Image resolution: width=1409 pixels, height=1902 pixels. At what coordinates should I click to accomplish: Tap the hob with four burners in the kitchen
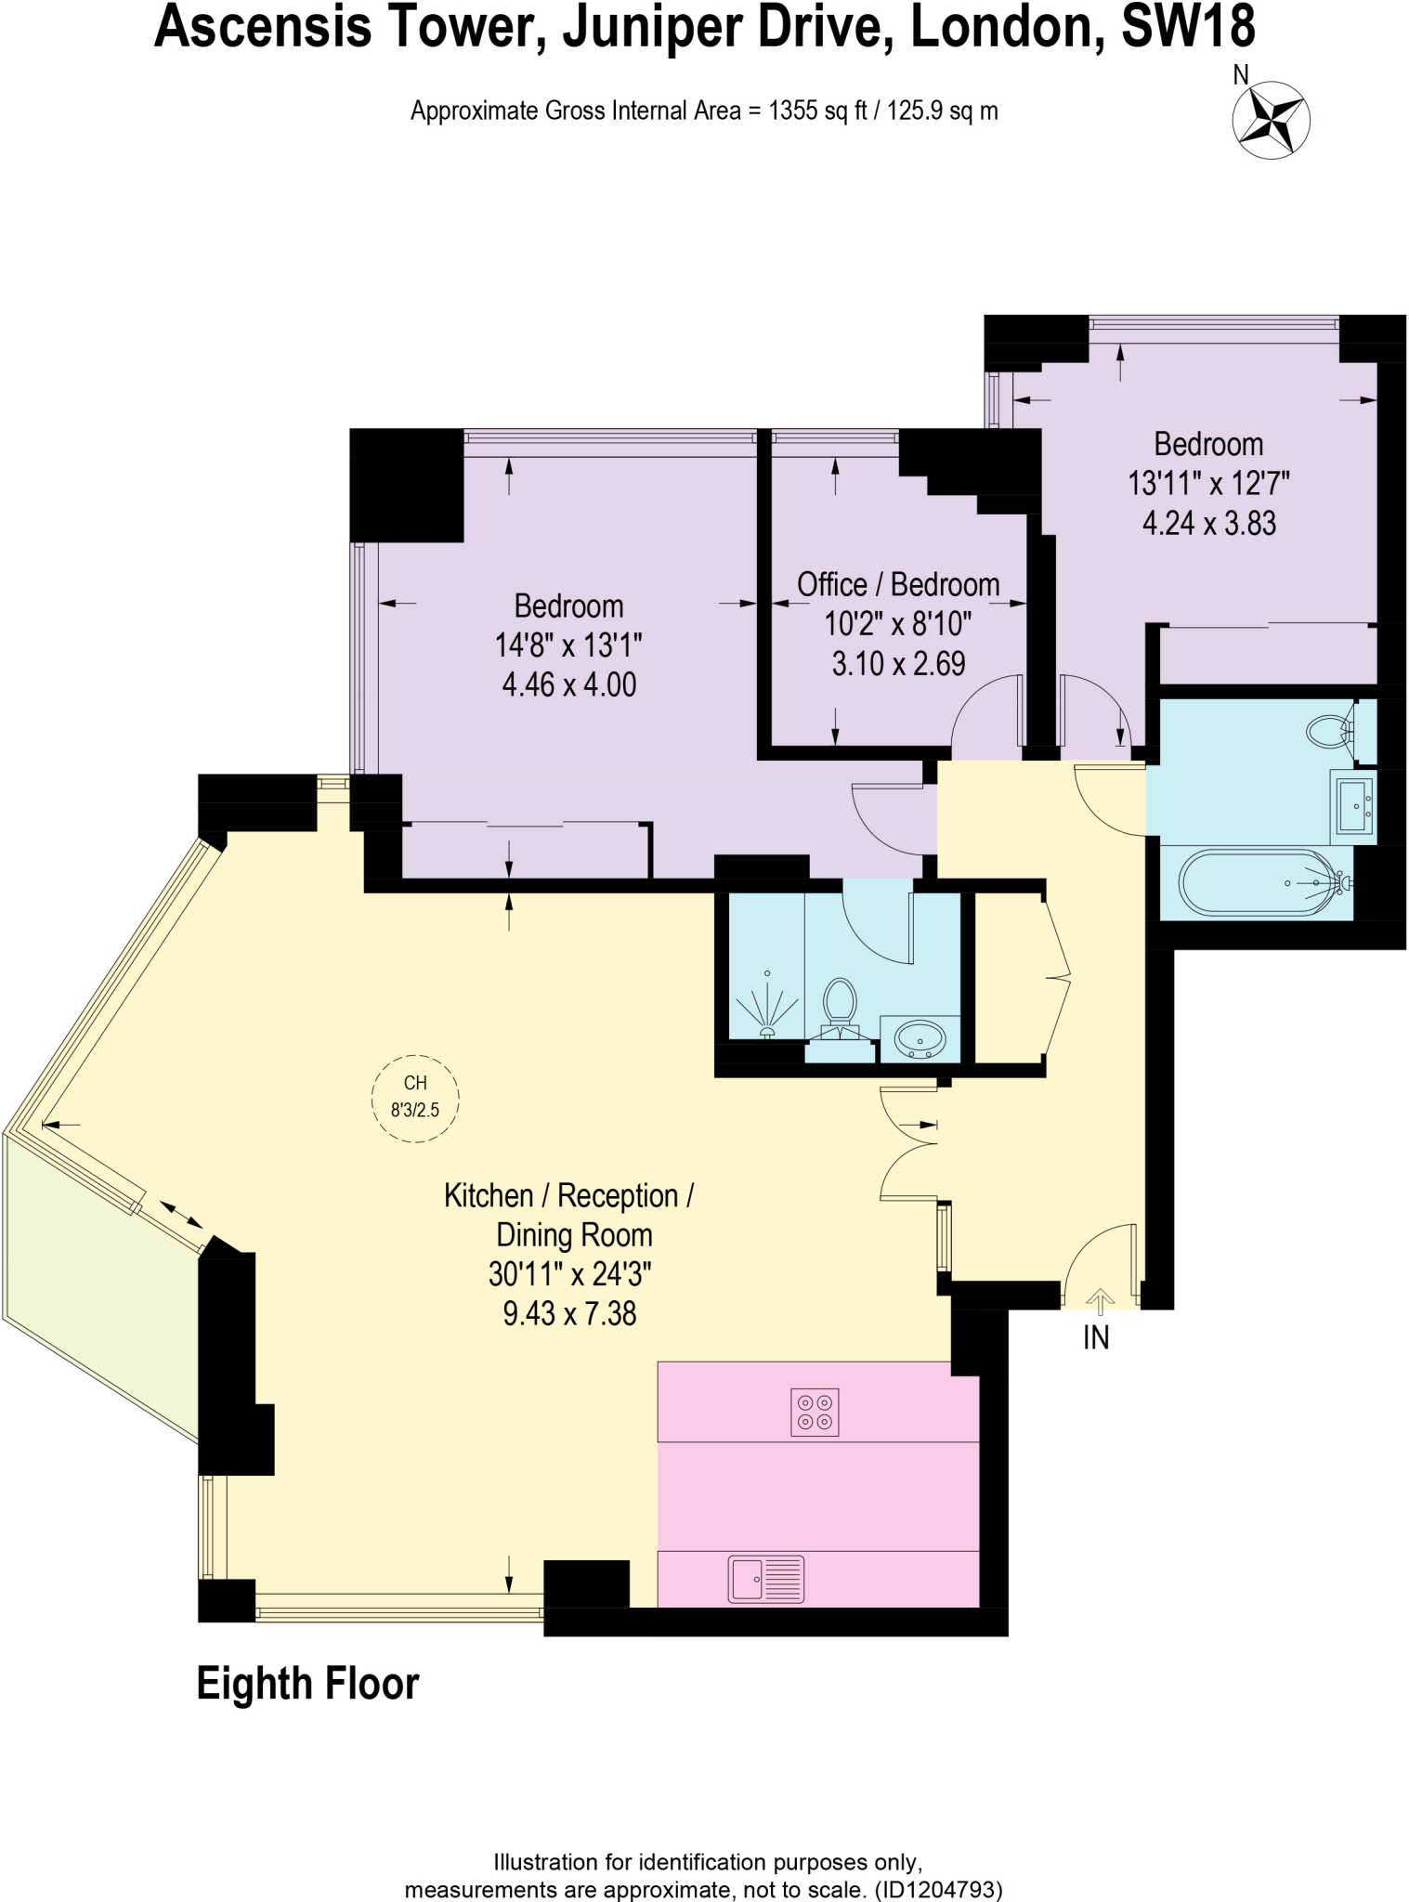[814, 1413]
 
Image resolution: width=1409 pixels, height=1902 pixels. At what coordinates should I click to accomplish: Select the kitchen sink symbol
[766, 1579]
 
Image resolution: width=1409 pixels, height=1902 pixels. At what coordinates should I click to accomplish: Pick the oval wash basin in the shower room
[919, 1038]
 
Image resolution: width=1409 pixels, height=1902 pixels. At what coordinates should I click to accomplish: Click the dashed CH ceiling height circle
[415, 1097]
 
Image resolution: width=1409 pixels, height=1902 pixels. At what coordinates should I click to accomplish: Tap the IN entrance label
[1096, 1337]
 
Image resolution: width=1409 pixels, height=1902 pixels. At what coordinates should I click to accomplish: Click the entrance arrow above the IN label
[1100, 1300]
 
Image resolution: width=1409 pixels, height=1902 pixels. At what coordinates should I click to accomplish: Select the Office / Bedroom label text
[898, 584]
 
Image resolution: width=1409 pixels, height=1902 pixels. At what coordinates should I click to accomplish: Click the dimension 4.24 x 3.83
[1208, 523]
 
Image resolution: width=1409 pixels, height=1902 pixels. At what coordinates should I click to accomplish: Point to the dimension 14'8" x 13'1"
[568, 645]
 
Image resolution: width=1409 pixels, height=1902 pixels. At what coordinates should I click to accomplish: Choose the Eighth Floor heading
[307, 1684]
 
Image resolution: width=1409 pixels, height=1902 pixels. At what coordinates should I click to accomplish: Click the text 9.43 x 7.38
[568, 1313]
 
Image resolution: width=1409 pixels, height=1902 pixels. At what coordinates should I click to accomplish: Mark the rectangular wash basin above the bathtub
[1353, 805]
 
